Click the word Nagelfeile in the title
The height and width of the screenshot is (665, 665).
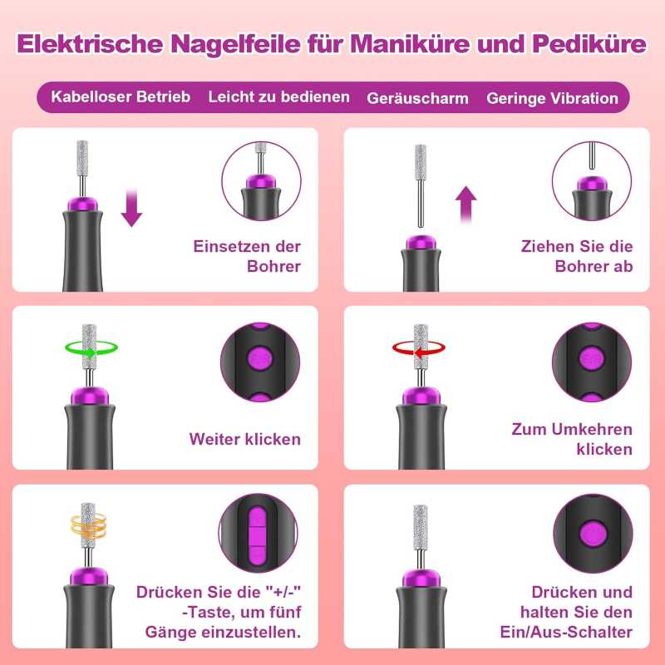[x=236, y=44]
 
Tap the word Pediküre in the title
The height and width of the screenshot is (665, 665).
[x=589, y=44]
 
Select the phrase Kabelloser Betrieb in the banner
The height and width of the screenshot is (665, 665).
[x=121, y=96]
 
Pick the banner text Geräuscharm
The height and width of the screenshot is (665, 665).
[x=418, y=98]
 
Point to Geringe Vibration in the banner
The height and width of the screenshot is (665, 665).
[x=552, y=98]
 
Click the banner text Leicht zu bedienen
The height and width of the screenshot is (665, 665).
[x=279, y=96]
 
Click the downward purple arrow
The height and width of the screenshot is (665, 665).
[x=131, y=208]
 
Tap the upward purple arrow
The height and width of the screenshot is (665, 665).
[x=465, y=204]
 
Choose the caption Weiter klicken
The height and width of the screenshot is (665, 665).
[x=245, y=439]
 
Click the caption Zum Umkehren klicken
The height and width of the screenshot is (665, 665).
[x=572, y=439]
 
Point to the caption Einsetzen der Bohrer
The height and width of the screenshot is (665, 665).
[x=247, y=256]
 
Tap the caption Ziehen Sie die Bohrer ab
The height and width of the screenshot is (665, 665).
[x=577, y=256]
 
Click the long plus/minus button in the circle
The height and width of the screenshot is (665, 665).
[x=258, y=536]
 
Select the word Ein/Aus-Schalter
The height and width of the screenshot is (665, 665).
[x=566, y=632]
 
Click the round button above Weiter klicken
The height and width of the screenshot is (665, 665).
[x=260, y=359]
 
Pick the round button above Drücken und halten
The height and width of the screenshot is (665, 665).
[x=593, y=533]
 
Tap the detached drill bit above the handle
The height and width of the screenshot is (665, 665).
[x=421, y=185]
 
